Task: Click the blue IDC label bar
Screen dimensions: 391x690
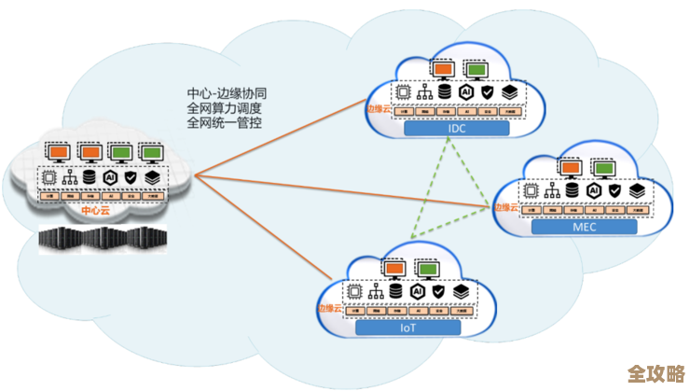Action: click(457, 129)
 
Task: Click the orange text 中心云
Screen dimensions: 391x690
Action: click(95, 211)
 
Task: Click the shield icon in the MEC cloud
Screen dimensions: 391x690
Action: click(613, 189)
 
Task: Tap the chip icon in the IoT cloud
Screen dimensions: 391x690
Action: click(354, 291)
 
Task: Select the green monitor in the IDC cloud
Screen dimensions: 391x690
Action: click(476, 69)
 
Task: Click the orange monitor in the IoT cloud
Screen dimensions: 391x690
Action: click(393, 270)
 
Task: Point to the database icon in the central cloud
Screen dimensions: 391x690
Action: click(90, 176)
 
